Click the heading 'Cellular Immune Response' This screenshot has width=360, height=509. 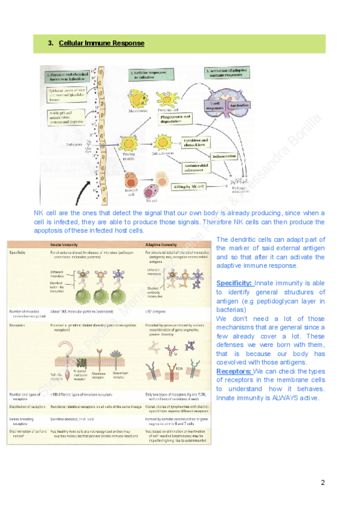(101, 43)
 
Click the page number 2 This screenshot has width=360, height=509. (322, 483)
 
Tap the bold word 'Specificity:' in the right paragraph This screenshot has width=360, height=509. (235, 283)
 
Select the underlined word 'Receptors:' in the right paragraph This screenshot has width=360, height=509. (235, 372)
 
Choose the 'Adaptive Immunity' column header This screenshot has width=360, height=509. (166, 245)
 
